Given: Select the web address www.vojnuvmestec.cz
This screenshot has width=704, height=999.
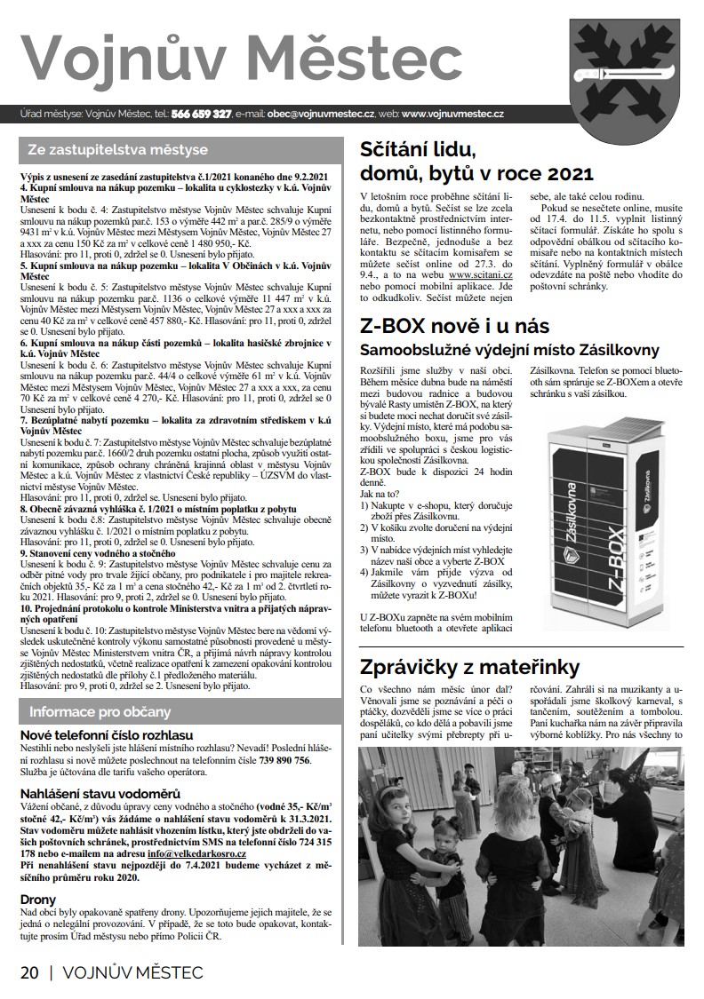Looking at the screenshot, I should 453,115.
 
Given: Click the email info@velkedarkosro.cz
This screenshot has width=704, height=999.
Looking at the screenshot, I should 197,853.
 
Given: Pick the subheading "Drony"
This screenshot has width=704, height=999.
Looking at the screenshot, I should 38,899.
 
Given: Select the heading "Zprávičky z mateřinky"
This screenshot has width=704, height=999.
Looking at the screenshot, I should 469,666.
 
